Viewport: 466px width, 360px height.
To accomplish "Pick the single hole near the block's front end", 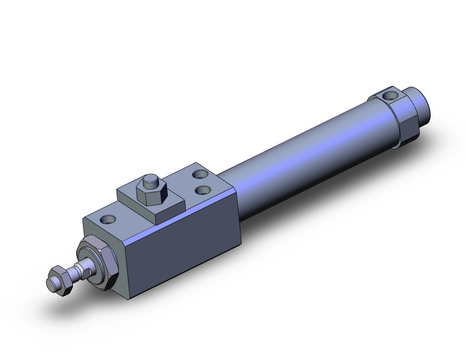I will [x=110, y=218].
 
